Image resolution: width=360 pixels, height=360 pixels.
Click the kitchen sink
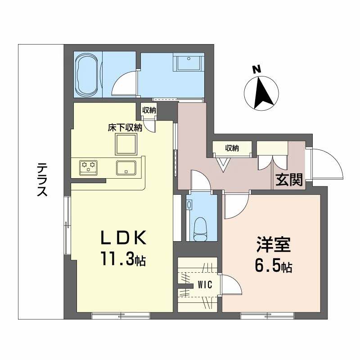coord(127,167)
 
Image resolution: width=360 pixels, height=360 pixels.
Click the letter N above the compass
coord(256,69)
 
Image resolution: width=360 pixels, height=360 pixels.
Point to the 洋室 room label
coord(273,246)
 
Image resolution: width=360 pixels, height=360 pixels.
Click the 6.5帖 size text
coord(273,266)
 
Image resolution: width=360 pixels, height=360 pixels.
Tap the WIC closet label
coord(205,284)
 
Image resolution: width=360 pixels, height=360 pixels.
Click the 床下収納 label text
coord(125,128)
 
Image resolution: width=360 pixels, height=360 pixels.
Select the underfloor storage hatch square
coord(126,144)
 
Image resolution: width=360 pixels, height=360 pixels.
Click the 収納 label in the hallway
coord(232,148)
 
